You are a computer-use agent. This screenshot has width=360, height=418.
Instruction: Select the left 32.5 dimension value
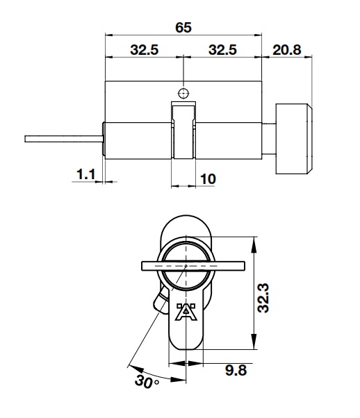click(x=144, y=51)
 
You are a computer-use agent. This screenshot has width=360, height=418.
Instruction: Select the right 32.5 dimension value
click(x=222, y=51)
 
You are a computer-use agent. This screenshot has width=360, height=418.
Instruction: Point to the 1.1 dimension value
click(x=85, y=176)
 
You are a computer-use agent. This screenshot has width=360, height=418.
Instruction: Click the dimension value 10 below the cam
click(x=207, y=178)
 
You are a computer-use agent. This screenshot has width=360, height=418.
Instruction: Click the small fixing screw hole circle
click(x=183, y=93)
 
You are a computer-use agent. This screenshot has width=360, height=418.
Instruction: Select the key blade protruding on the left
click(x=63, y=139)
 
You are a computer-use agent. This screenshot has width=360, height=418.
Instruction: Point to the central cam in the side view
click(x=183, y=132)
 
